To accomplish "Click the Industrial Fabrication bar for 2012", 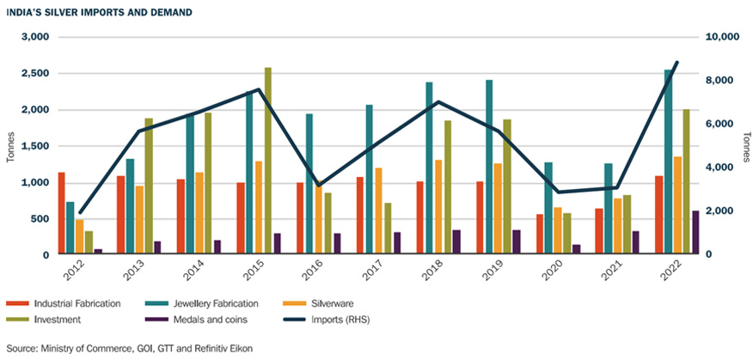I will [61, 214].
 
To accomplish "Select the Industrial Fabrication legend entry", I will [73, 303].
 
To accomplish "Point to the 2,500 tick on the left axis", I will [35, 74].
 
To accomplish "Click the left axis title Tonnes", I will [11, 146].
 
